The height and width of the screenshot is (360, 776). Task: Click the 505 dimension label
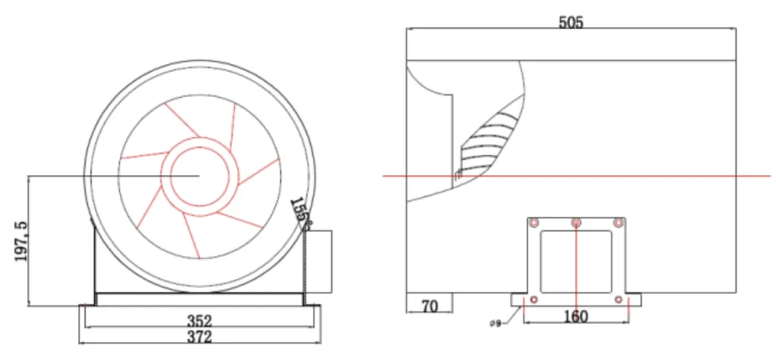(x=571, y=23)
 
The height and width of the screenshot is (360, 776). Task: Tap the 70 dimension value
(x=430, y=307)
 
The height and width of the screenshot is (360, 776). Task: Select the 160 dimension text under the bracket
(x=576, y=317)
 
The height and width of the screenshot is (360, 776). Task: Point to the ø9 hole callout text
(x=495, y=324)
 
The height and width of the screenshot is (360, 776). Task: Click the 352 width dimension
(x=199, y=321)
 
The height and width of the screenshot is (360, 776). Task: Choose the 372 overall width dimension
(x=199, y=337)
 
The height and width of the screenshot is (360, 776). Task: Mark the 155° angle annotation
(x=300, y=214)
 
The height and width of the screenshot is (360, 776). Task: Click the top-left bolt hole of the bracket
(x=534, y=224)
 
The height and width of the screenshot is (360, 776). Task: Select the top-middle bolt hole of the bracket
(x=576, y=224)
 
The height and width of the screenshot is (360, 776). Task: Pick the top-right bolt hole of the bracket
(x=618, y=224)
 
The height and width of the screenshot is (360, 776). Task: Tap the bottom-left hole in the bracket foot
(x=533, y=299)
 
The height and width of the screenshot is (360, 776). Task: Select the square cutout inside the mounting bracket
(x=576, y=261)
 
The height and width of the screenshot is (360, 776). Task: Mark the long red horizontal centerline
(x=577, y=176)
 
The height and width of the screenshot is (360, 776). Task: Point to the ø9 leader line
(x=513, y=315)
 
